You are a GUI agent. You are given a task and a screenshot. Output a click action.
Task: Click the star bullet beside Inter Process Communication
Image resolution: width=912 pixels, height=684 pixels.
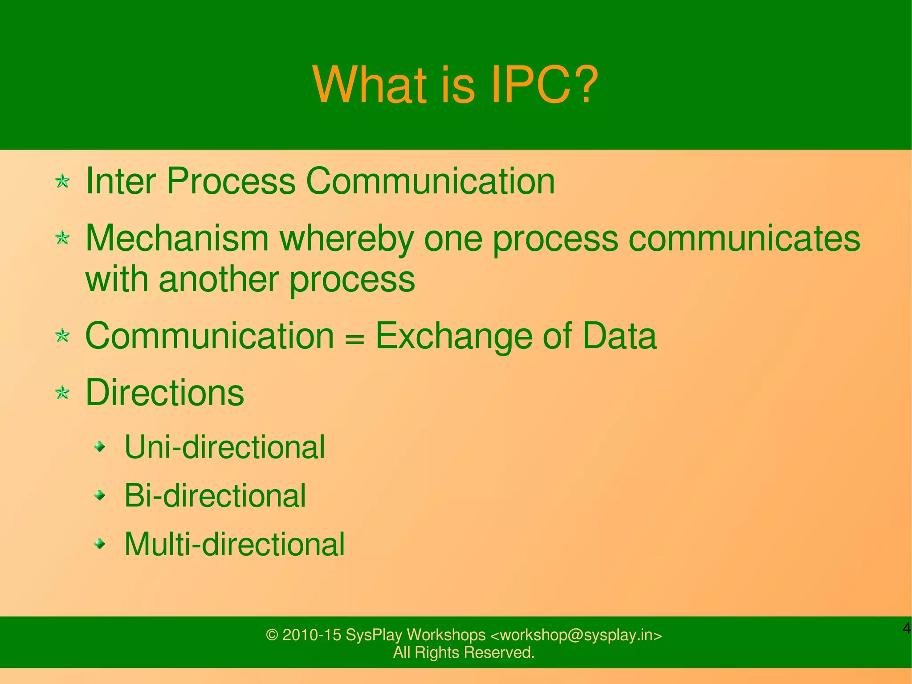coord(62,181)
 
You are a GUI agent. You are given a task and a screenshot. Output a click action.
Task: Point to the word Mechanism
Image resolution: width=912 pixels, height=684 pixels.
coord(177,238)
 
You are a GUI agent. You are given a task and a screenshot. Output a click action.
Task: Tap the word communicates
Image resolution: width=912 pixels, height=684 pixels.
coord(744,238)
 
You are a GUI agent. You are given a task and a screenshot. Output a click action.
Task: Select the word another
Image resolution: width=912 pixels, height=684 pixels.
coord(218,279)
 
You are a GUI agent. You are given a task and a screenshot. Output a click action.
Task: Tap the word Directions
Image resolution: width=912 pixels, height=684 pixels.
coord(164,393)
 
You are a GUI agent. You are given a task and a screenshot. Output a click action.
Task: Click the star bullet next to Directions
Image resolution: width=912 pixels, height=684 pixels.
coord(62,393)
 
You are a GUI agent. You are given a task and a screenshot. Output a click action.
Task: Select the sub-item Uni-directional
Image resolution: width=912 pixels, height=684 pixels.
coord(224,447)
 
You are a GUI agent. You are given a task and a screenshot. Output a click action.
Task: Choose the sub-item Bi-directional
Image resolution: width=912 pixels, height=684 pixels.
coord(215,496)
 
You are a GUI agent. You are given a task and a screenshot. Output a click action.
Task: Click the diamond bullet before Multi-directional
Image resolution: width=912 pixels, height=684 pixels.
coord(101,544)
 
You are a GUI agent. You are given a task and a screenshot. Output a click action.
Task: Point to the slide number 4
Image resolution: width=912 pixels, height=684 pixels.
coord(906,629)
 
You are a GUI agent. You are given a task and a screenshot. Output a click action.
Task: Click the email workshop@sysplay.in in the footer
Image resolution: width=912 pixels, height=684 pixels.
coord(576,635)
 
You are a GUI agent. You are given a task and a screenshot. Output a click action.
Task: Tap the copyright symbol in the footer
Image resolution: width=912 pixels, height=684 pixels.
coord(272,635)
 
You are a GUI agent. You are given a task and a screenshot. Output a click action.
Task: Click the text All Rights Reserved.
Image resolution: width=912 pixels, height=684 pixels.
coord(464,652)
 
